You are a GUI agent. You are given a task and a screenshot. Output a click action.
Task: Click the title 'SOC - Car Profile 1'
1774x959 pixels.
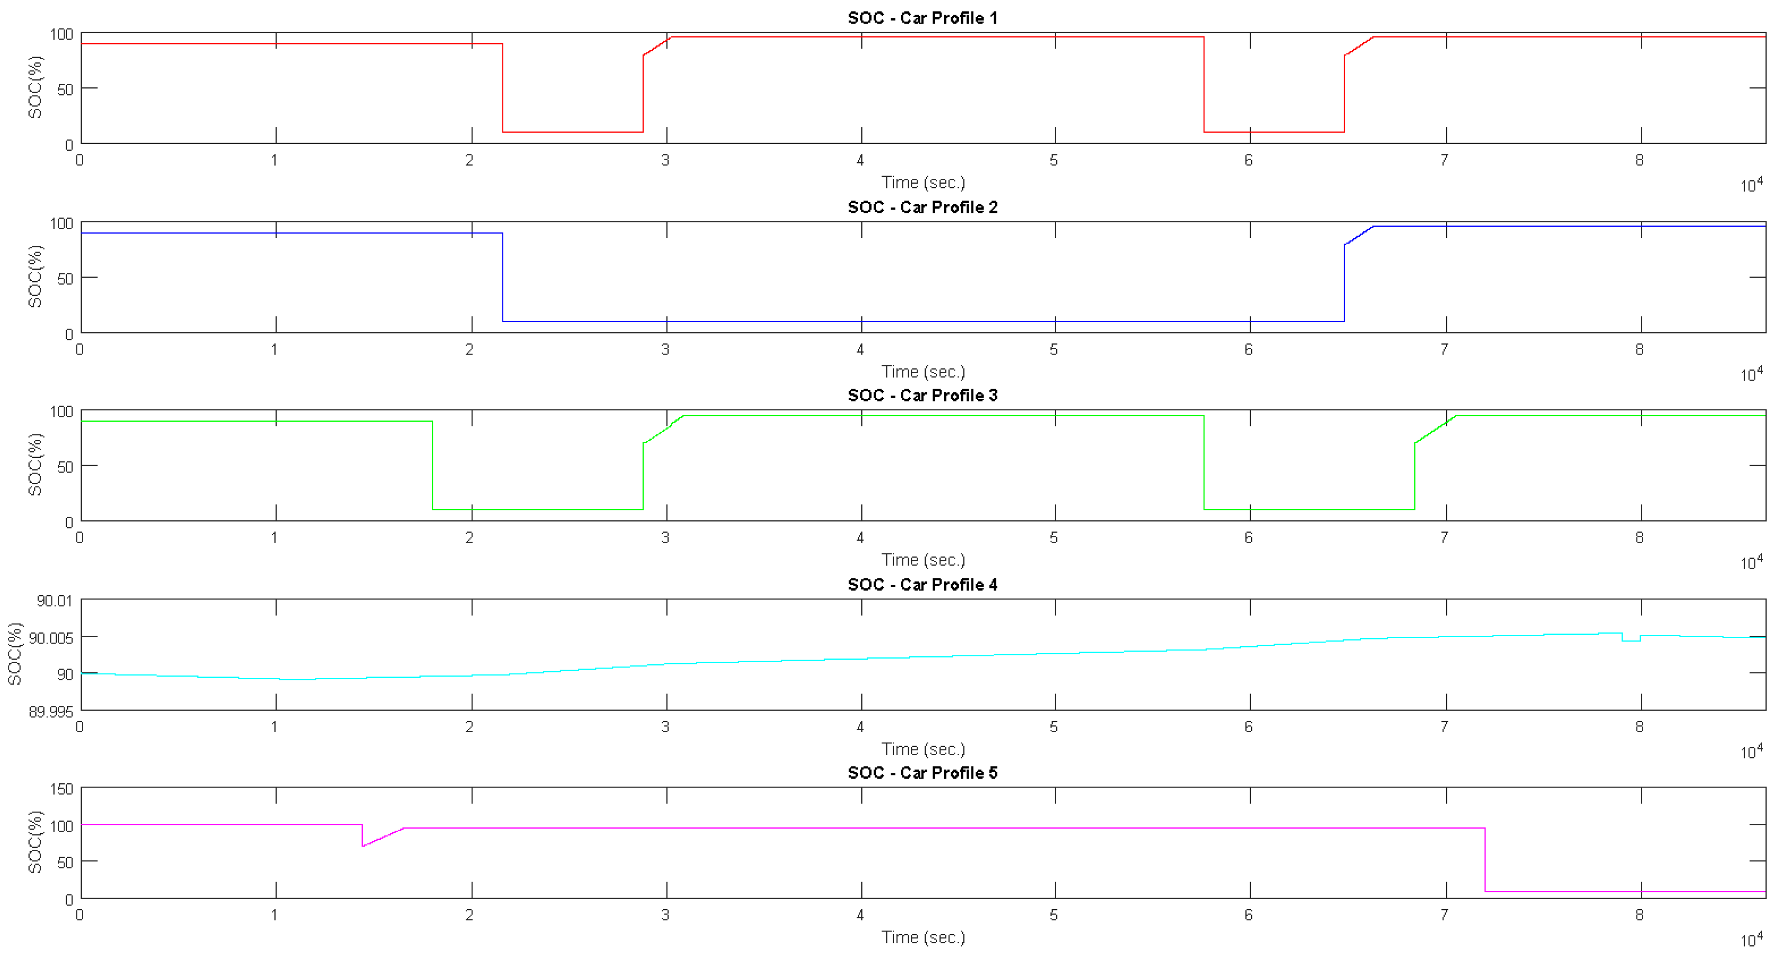(x=922, y=18)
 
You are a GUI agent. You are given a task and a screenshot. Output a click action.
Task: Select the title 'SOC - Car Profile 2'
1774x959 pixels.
(x=922, y=207)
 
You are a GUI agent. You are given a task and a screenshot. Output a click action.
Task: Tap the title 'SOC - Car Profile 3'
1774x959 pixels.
(x=922, y=395)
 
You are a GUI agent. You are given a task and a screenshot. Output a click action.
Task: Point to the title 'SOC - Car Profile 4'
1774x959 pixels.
(x=922, y=585)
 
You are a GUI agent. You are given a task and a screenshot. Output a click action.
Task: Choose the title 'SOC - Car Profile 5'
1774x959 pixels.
(x=922, y=773)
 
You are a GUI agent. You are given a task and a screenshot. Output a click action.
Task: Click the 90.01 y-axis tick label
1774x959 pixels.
(x=54, y=601)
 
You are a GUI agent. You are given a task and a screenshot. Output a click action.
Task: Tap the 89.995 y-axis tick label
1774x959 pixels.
(x=51, y=712)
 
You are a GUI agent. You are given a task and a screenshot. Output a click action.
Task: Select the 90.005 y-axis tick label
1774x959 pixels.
(x=51, y=638)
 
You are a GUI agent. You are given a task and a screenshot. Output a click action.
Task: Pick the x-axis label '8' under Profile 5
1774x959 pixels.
(x=1640, y=915)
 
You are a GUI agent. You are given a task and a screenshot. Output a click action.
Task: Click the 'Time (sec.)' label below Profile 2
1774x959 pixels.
(x=923, y=372)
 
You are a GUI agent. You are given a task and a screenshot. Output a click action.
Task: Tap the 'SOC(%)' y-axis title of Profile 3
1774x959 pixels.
(x=34, y=464)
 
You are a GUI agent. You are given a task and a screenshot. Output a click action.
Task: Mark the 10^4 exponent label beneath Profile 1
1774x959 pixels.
(x=1751, y=185)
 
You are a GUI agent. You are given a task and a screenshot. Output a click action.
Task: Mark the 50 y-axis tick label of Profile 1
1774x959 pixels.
(x=65, y=90)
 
